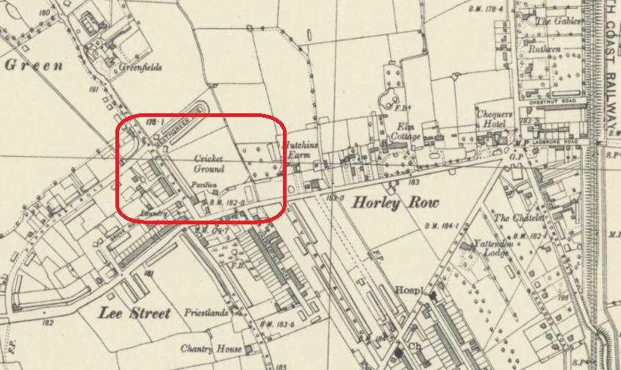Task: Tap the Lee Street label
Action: pos(134,313)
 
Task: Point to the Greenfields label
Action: pos(140,66)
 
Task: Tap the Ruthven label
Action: pos(545,49)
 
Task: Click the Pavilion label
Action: pos(204,185)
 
